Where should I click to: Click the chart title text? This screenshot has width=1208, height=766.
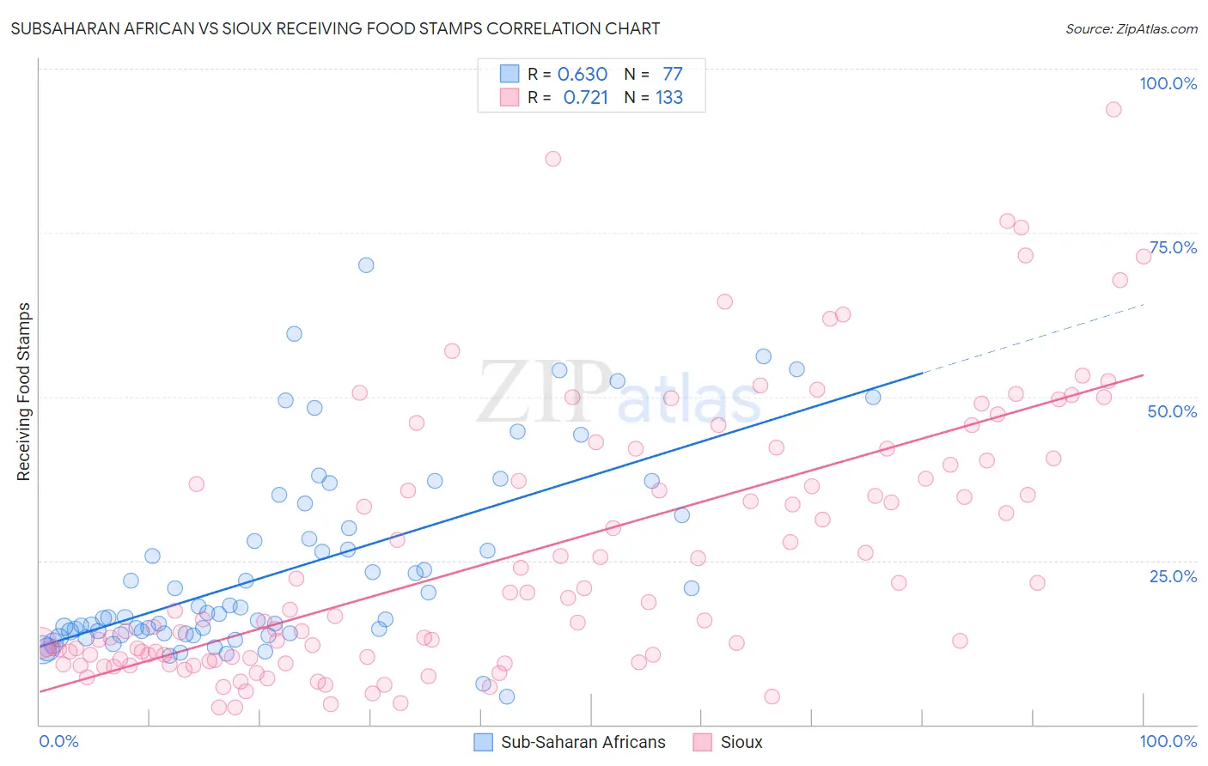pyautogui.click(x=335, y=28)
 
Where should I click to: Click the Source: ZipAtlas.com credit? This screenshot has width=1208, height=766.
pyautogui.click(x=1131, y=29)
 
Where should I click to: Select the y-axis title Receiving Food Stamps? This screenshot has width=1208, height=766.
pyautogui.click(x=23, y=392)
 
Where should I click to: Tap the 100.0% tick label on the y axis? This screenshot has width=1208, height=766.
pyautogui.click(x=1168, y=83)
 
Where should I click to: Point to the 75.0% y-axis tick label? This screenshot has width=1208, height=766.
pyautogui.click(x=1173, y=247)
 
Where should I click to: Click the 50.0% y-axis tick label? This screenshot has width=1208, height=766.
pyautogui.click(x=1172, y=411)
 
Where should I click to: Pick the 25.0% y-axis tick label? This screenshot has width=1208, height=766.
pyautogui.click(x=1173, y=575)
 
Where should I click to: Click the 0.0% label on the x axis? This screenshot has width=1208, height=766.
pyautogui.click(x=58, y=741)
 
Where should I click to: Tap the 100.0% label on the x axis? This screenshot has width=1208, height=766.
pyautogui.click(x=1168, y=741)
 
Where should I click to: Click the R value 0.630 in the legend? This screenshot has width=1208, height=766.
pyautogui.click(x=583, y=74)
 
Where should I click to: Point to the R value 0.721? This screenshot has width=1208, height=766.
pyautogui.click(x=585, y=97)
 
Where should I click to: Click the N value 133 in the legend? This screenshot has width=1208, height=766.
pyautogui.click(x=669, y=97)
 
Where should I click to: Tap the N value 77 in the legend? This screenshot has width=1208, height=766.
pyautogui.click(x=672, y=74)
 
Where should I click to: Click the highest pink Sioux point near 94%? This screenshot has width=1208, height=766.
pyautogui.click(x=1113, y=109)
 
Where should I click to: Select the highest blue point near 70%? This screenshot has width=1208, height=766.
pyautogui.click(x=366, y=265)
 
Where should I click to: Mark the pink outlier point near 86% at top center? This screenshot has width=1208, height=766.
pyautogui.click(x=553, y=159)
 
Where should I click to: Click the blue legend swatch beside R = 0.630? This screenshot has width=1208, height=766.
pyautogui.click(x=509, y=74)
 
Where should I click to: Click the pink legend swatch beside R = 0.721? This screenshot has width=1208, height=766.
pyautogui.click(x=509, y=97)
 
